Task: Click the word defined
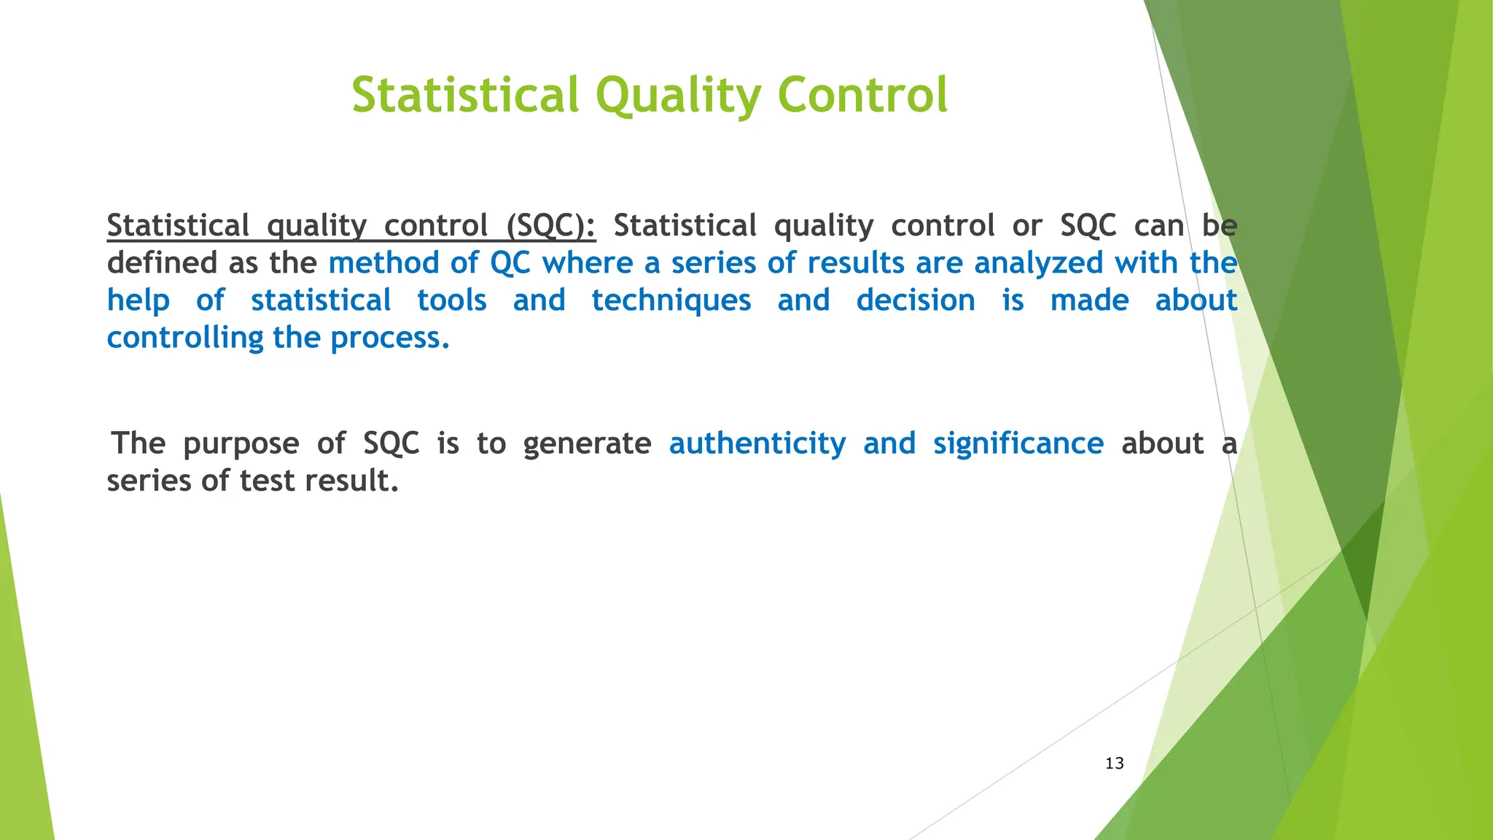click(163, 263)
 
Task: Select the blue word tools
click(451, 300)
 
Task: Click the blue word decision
click(915, 300)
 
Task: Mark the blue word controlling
click(185, 338)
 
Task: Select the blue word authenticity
click(757, 443)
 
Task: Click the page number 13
click(1114, 763)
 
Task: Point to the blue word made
click(1089, 300)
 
